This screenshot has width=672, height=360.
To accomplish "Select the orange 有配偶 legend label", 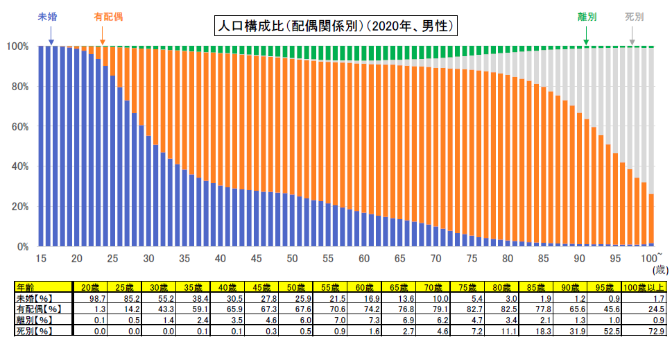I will pyautogui.click(x=108, y=15).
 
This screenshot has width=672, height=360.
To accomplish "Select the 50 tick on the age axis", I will pyautogui.click(x=293, y=259).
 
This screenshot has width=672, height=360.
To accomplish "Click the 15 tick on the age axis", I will pyautogui.click(x=40, y=259).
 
